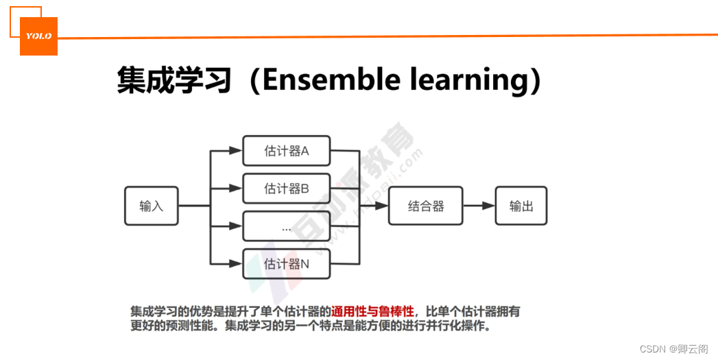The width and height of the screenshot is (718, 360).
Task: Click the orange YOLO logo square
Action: (x=38, y=36)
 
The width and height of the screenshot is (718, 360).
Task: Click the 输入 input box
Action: (x=151, y=206)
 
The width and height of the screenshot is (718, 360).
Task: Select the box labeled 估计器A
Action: (x=286, y=152)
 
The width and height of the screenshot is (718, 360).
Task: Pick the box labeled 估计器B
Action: (x=286, y=189)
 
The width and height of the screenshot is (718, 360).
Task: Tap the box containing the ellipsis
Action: (x=286, y=226)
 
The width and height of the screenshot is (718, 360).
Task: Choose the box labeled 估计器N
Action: (x=286, y=264)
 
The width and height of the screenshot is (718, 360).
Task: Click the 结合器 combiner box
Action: (x=426, y=206)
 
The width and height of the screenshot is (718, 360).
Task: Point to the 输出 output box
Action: (x=521, y=206)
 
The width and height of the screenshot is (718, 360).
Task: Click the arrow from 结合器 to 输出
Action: (x=479, y=206)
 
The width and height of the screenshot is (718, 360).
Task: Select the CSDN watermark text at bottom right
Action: (x=673, y=349)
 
